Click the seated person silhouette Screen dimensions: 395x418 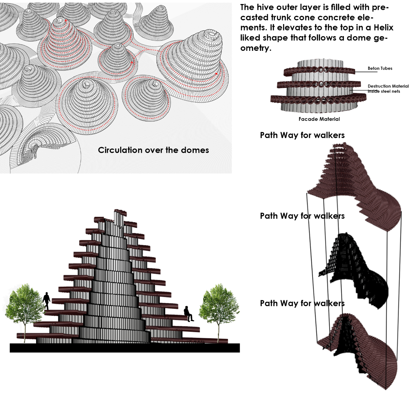(x=189, y=314)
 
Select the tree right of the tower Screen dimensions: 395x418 (x=219, y=306)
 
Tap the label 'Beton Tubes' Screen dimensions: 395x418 (x=380, y=68)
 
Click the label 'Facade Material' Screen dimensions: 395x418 (x=319, y=119)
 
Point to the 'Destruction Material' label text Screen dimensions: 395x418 (x=388, y=86)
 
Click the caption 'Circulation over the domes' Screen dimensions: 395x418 (x=153, y=150)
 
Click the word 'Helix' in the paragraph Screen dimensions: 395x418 (x=383, y=27)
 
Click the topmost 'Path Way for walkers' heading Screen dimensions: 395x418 (x=302, y=135)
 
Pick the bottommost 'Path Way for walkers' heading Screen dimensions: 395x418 (x=302, y=303)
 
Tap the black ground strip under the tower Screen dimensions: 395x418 (x=125, y=348)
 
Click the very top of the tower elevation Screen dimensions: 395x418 (x=119, y=212)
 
